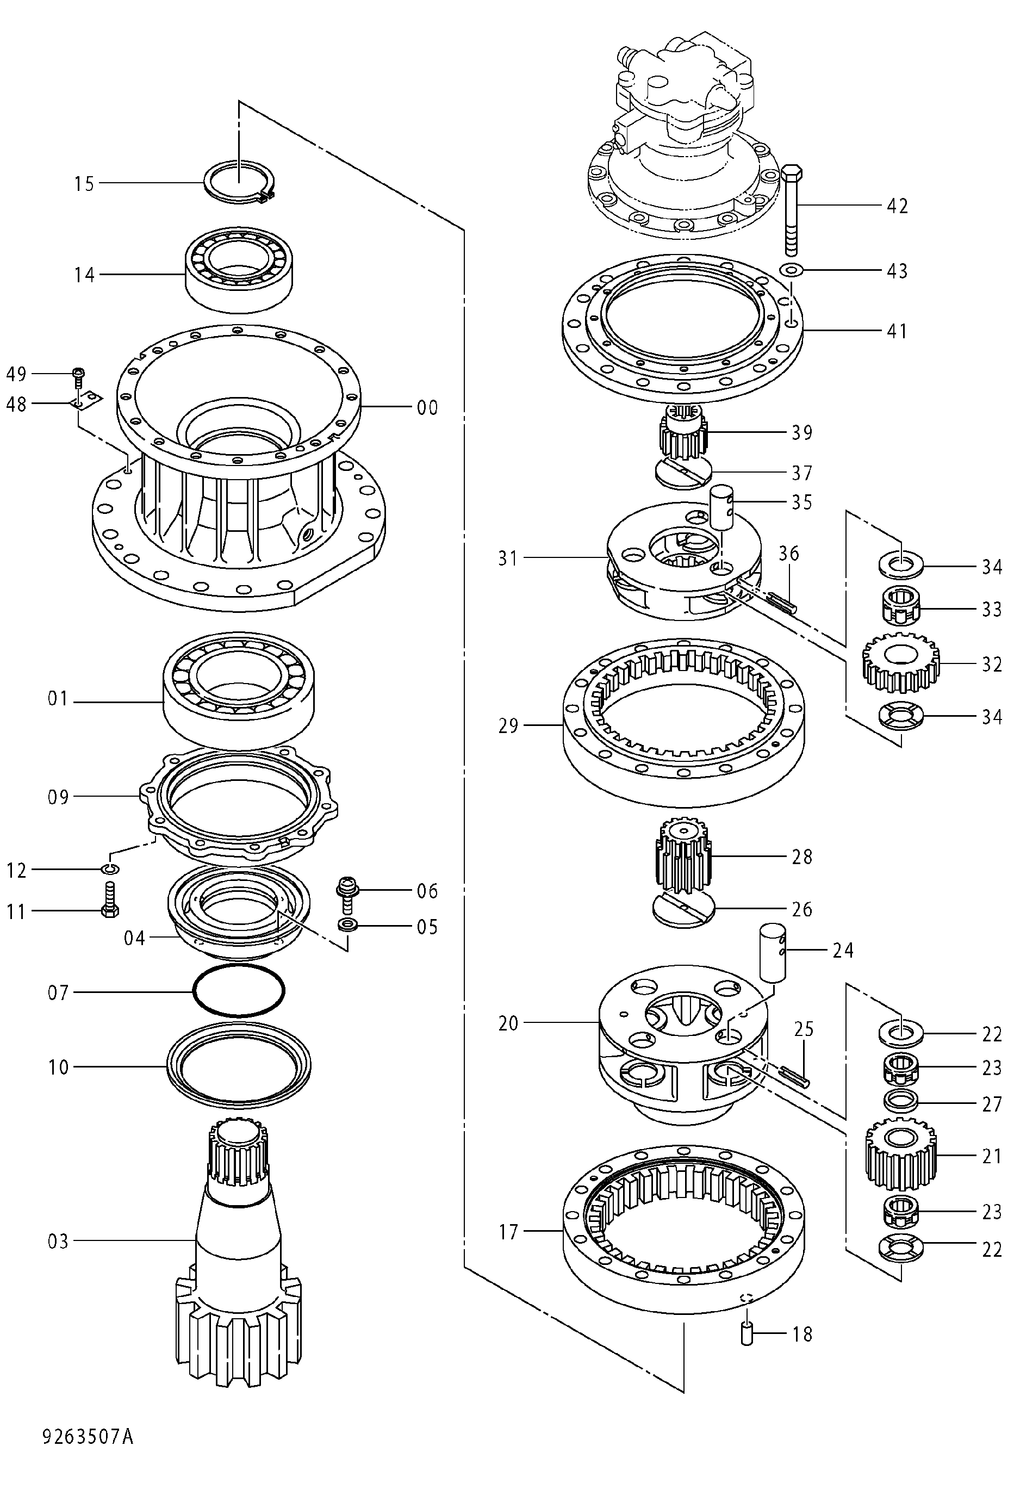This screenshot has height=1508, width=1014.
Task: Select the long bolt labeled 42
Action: click(x=792, y=210)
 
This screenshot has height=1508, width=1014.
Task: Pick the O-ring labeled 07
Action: click(x=239, y=991)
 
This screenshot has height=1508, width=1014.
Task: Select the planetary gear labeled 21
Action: click(x=900, y=1155)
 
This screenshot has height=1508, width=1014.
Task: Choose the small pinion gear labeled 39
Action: click(x=683, y=432)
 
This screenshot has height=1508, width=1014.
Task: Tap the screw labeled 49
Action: click(x=79, y=377)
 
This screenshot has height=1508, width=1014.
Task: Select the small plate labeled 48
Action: click(x=86, y=401)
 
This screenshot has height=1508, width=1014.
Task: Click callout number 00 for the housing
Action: click(x=427, y=408)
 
